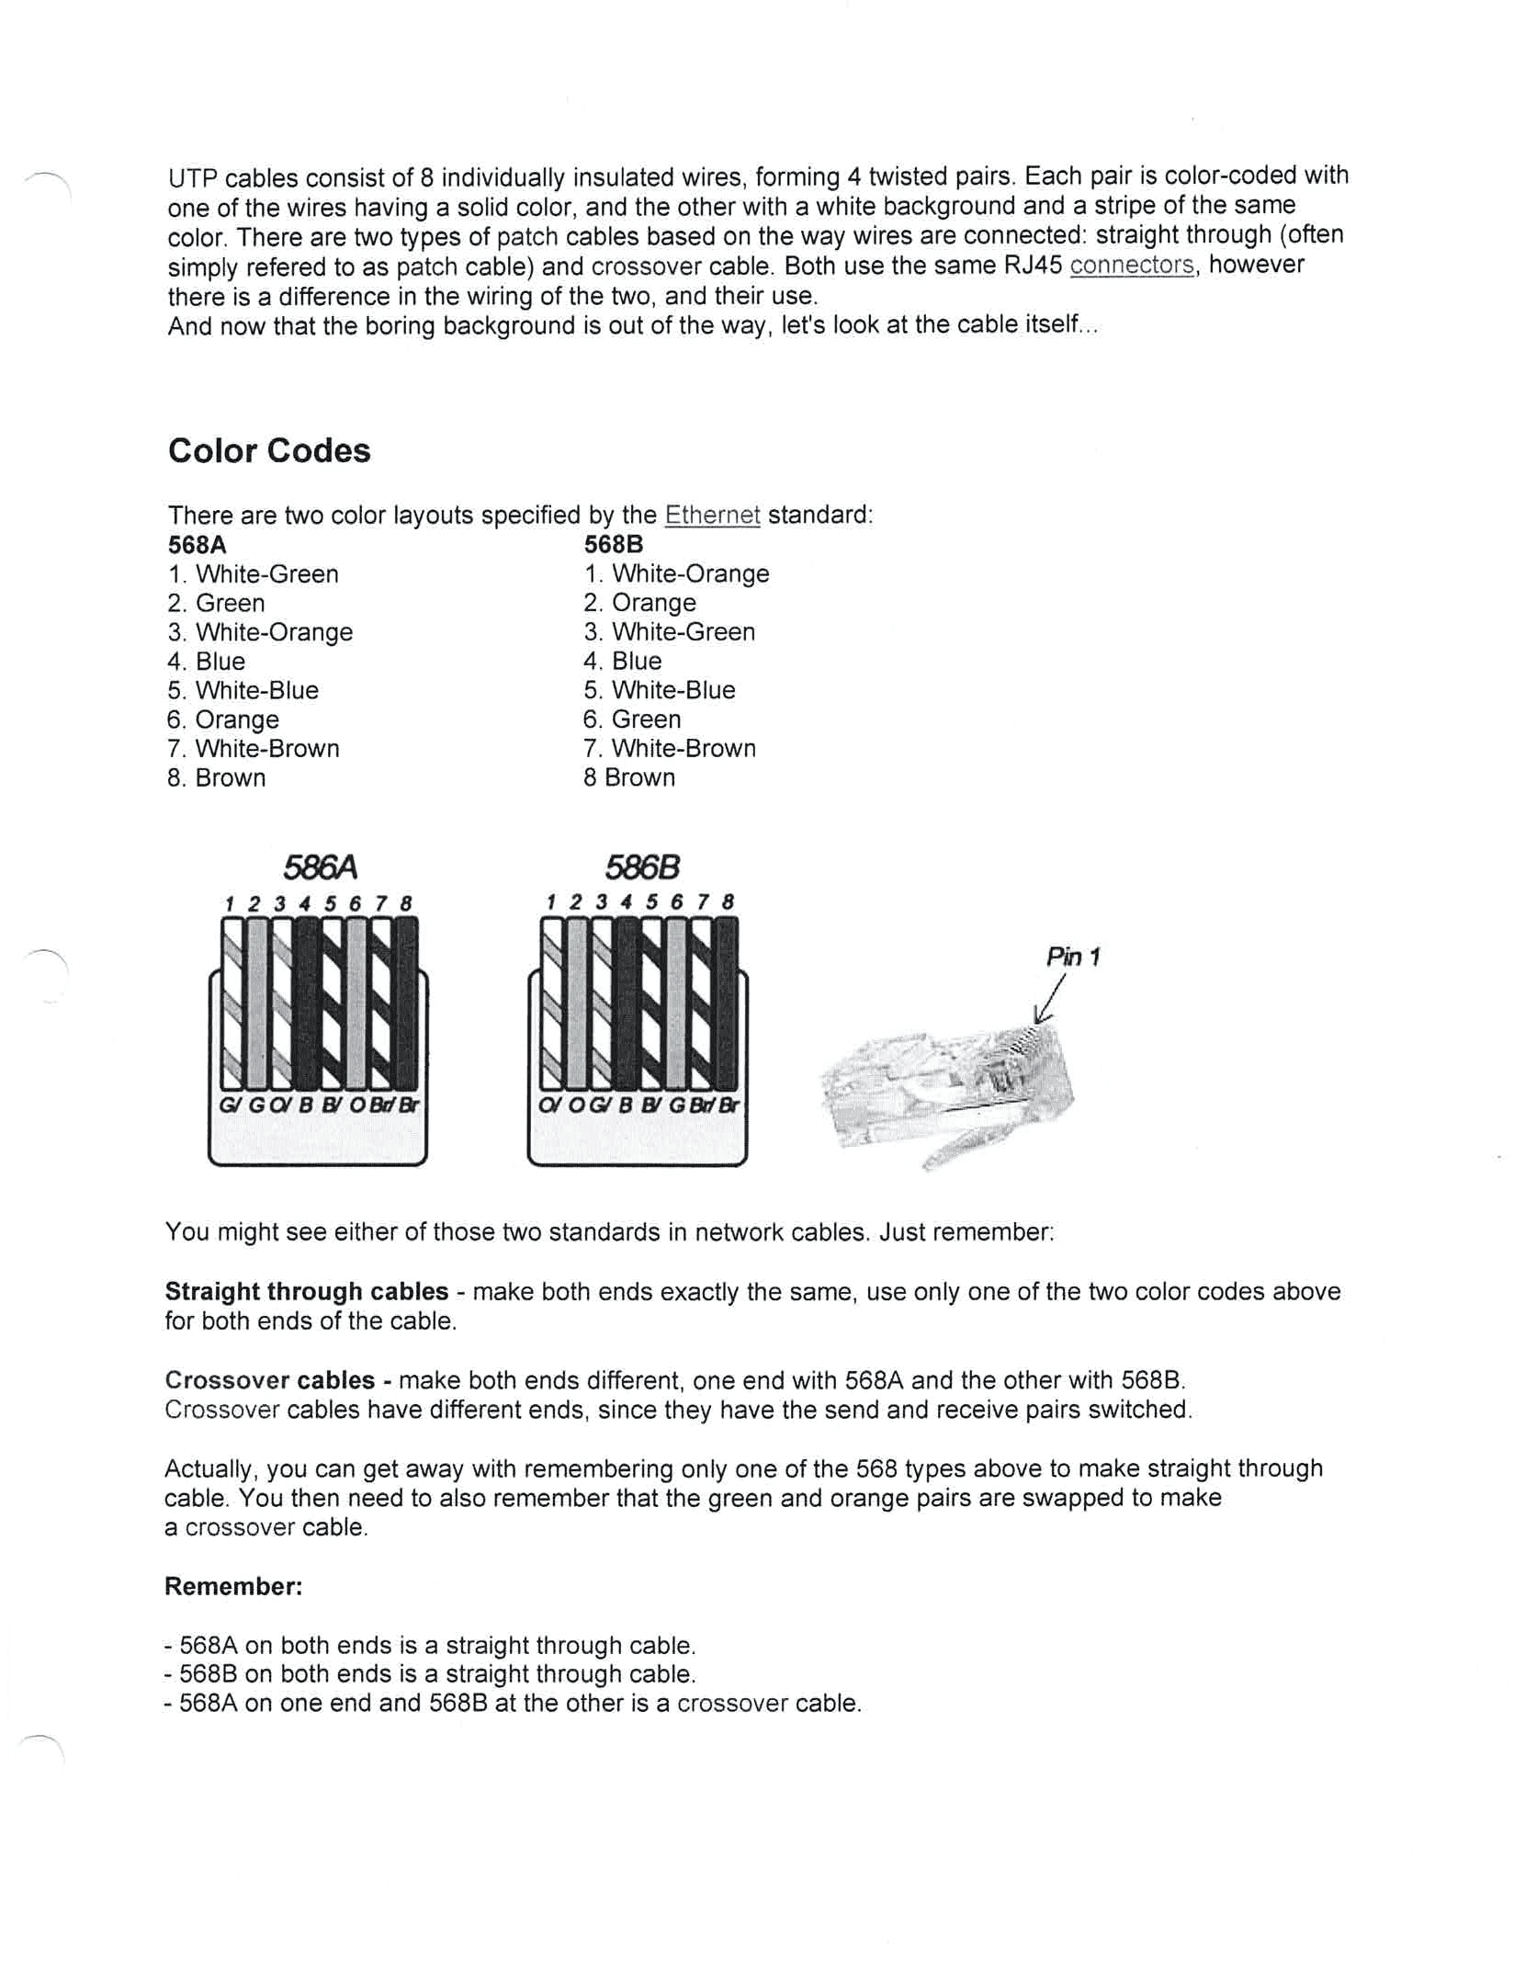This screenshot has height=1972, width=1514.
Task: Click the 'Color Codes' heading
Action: tap(269, 450)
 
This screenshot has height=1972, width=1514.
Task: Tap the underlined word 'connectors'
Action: tap(1132, 266)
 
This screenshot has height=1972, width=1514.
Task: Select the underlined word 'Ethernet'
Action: tap(712, 515)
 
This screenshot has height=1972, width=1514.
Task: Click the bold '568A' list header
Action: tap(197, 544)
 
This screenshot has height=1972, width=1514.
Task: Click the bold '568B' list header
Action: tap(613, 544)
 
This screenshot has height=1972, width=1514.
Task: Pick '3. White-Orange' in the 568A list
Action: tap(260, 632)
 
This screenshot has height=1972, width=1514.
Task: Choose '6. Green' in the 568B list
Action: tap(632, 720)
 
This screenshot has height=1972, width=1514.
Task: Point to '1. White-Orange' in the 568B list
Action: tap(676, 573)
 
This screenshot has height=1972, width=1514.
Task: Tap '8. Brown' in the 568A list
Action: tap(217, 778)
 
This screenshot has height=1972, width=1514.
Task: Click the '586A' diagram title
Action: tap(319, 867)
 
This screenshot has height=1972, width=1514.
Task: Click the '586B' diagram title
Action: tap(641, 867)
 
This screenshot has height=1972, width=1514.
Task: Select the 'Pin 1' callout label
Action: tap(1072, 958)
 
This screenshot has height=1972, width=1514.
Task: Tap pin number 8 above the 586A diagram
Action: tap(405, 903)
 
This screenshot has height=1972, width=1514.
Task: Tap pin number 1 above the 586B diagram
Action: tap(550, 902)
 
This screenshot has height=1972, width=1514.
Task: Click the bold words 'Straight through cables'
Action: tap(307, 1291)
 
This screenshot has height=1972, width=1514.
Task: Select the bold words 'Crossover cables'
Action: tap(270, 1380)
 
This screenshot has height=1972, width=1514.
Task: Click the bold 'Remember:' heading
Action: tap(233, 1586)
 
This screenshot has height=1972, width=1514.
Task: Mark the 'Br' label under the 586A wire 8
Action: tap(409, 1105)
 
